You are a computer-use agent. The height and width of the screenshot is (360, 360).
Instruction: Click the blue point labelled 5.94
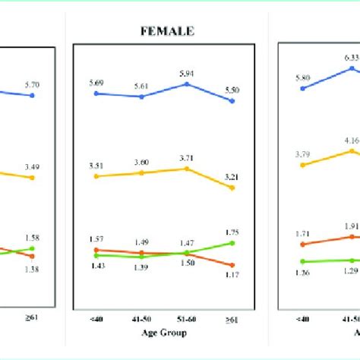coord(187,84)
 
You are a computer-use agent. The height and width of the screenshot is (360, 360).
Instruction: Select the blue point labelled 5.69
coord(96,93)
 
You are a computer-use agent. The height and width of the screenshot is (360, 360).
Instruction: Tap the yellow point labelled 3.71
coord(187,168)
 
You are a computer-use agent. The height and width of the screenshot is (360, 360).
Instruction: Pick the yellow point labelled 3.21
coord(232,187)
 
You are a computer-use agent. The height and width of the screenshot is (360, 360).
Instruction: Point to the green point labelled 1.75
coord(232,242)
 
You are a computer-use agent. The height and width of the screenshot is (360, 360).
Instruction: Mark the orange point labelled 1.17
coord(232,265)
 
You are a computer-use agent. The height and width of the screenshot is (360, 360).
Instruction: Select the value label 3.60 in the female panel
coord(141,163)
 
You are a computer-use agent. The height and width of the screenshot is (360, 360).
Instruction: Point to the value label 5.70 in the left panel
coord(33,86)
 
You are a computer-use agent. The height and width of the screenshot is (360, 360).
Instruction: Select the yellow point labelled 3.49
coord(33,178)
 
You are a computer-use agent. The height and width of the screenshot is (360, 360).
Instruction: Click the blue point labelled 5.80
coord(303,88)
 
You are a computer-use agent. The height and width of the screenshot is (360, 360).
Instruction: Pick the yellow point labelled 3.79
coord(303,164)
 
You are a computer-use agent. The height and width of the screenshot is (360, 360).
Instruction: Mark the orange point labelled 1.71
coord(303,244)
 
